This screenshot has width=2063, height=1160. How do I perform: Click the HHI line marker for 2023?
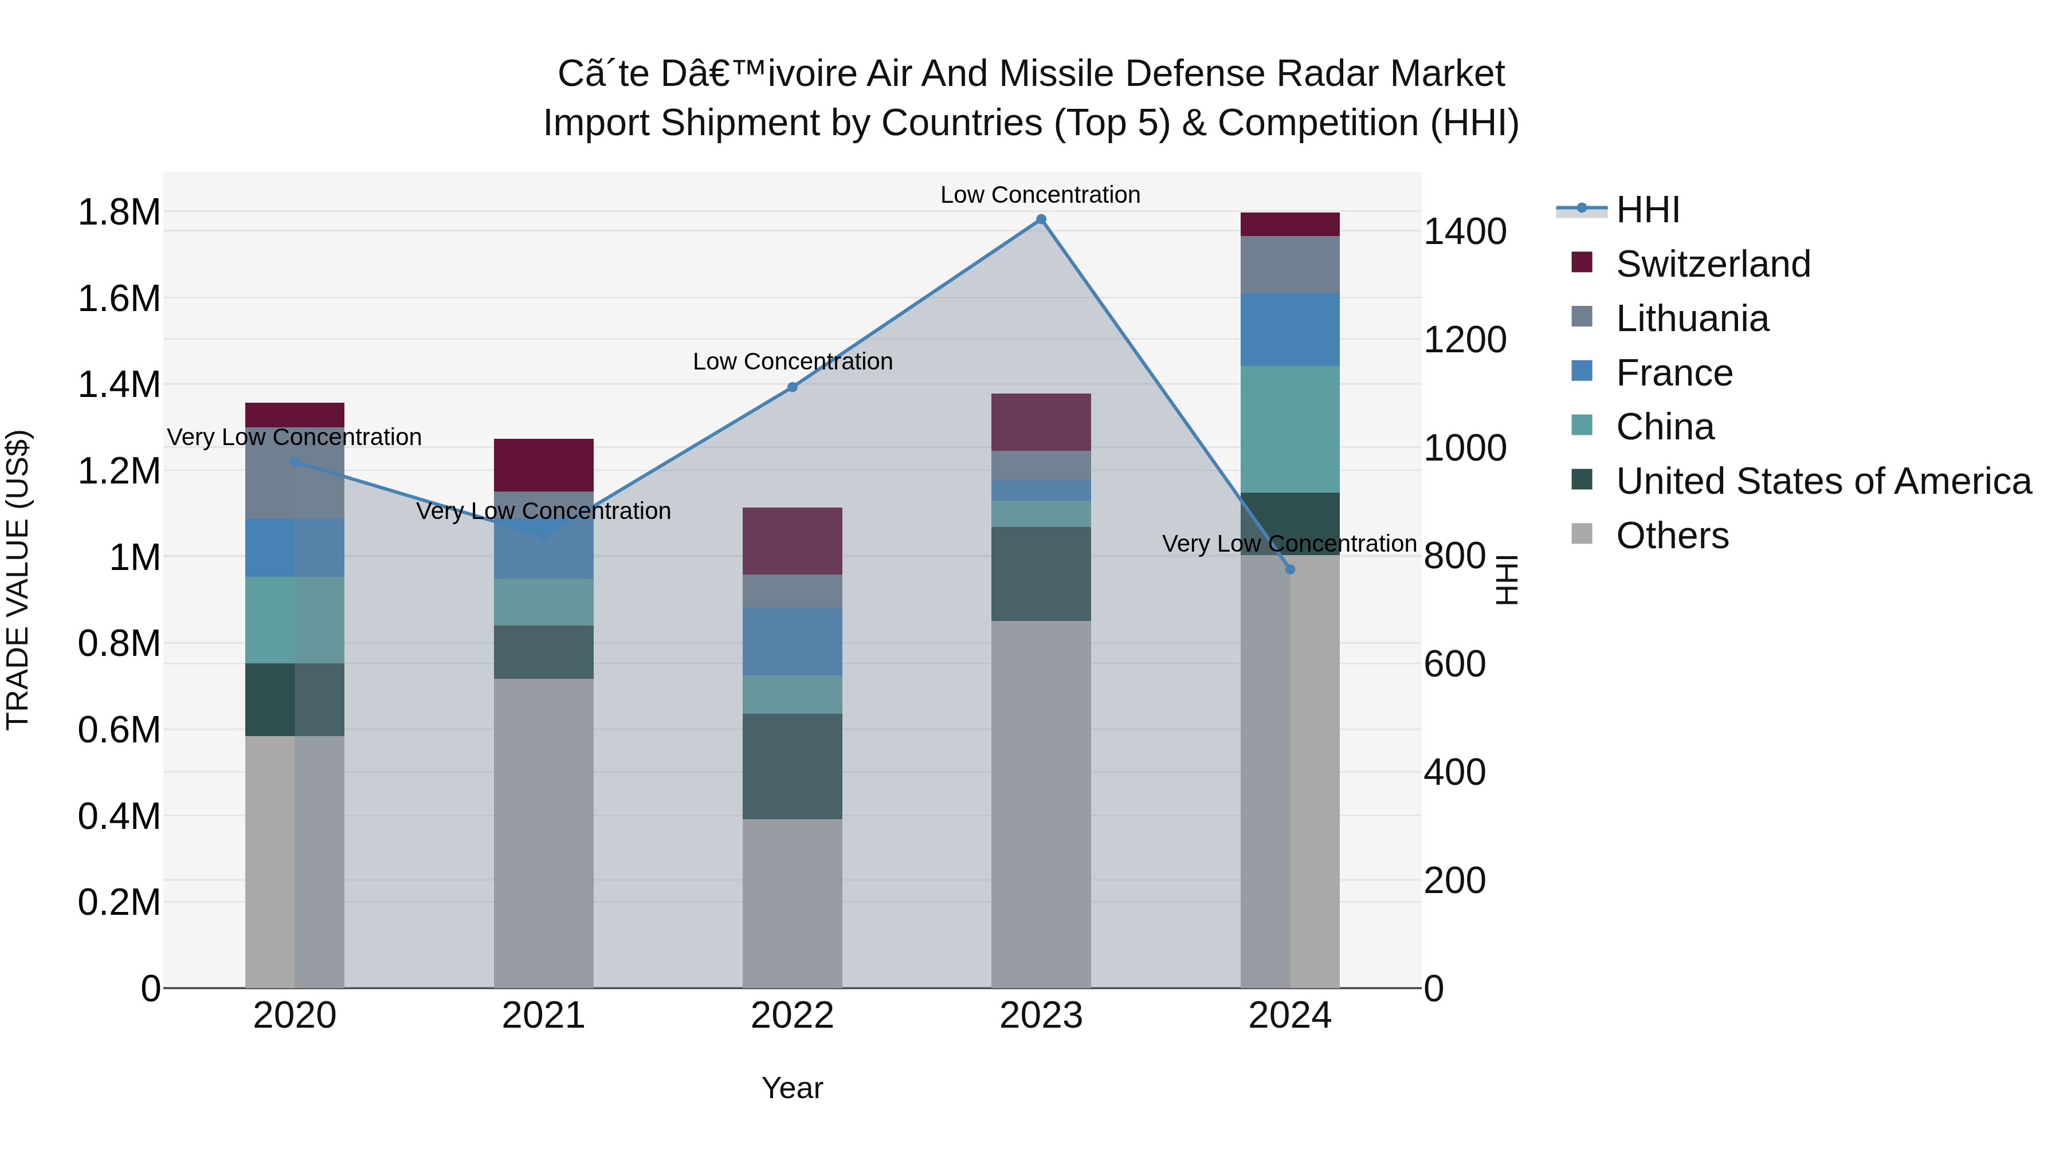pyautogui.click(x=1041, y=219)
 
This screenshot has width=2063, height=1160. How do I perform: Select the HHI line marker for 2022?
pyautogui.click(x=792, y=387)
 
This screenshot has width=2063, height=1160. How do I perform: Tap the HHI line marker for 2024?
pyautogui.click(x=1289, y=569)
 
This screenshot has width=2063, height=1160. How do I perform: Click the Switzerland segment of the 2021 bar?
pyautogui.click(x=544, y=465)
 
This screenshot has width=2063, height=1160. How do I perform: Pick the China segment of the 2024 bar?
pyautogui.click(x=1289, y=429)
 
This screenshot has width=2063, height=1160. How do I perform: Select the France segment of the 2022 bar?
pyautogui.click(x=792, y=641)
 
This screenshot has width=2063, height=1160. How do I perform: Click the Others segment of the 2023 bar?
pyautogui.click(x=1041, y=804)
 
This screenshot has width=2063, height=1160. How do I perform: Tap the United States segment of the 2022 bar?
pyautogui.click(x=792, y=766)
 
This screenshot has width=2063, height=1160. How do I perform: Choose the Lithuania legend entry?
pyautogui.click(x=1692, y=318)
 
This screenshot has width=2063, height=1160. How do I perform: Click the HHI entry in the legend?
pyautogui.click(x=1648, y=210)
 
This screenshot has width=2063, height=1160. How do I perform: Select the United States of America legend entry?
pyautogui.click(x=1823, y=481)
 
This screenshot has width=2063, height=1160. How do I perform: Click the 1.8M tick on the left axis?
pyautogui.click(x=119, y=213)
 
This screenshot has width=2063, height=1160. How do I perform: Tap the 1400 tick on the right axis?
pyautogui.click(x=1465, y=232)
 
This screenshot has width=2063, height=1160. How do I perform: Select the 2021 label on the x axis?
pyautogui.click(x=544, y=1016)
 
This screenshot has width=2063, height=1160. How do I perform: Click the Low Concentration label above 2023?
pyautogui.click(x=1040, y=195)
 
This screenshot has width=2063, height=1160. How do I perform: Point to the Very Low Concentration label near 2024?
pyautogui.click(x=1289, y=544)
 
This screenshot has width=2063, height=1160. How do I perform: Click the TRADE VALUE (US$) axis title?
pyautogui.click(x=18, y=580)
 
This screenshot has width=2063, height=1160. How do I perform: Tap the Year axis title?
pyautogui.click(x=792, y=1088)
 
